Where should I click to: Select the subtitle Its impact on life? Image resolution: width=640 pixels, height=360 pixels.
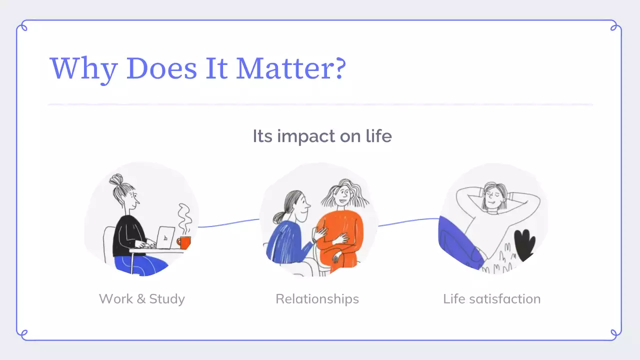322,136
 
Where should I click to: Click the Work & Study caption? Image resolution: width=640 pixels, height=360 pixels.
142,299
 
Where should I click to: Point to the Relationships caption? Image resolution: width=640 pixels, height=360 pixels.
317,299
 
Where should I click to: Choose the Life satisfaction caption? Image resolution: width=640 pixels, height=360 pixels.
491,299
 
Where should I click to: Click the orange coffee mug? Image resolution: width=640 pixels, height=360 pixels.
184,242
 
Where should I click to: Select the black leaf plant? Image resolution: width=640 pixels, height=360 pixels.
524,245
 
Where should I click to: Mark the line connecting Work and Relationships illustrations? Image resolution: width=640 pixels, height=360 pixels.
228,223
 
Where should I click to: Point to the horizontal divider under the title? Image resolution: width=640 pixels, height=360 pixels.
320,104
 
